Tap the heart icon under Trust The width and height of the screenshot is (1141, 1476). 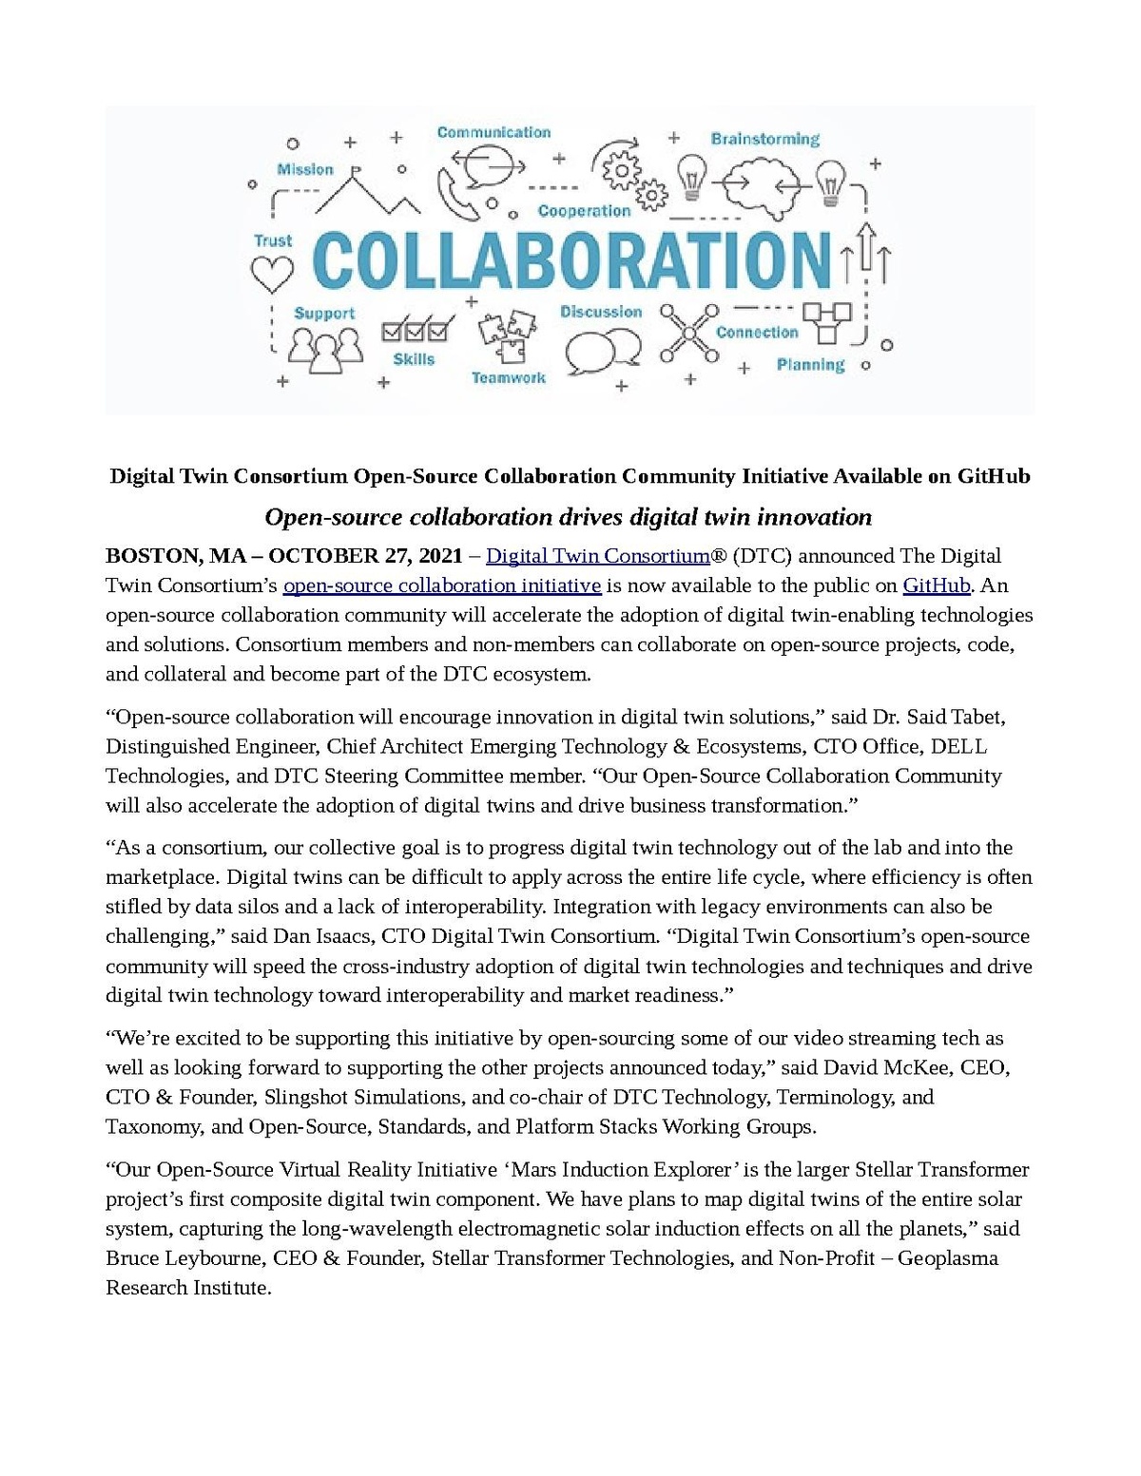[272, 275]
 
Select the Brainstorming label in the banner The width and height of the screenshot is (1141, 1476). [764, 139]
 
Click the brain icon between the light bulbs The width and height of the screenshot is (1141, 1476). [762, 182]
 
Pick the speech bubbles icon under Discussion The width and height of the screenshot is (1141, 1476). [602, 350]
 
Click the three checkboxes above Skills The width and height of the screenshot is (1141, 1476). [415, 331]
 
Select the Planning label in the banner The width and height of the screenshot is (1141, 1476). [810, 365]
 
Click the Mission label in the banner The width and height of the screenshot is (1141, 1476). [305, 169]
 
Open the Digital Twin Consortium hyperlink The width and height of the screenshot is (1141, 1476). [598, 555]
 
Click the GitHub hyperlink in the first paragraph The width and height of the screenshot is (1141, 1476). [936, 585]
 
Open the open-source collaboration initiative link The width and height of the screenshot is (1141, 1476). [442, 585]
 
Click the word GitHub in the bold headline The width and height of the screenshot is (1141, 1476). [994, 475]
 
